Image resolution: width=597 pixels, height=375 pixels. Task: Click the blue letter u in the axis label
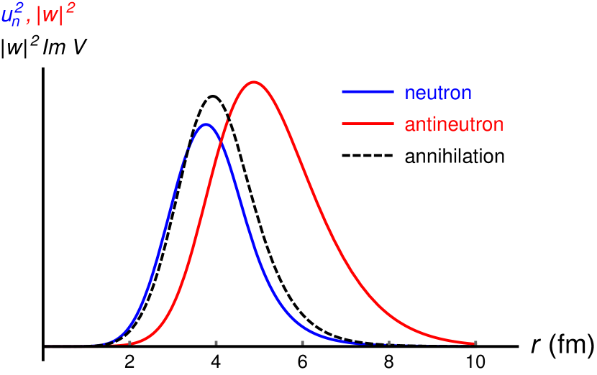[x=7, y=16]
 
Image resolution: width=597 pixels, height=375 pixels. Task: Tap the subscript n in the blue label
[x=17, y=22]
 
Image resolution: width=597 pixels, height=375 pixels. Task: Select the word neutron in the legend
[x=438, y=93]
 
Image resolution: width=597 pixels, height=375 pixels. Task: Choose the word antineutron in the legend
[x=454, y=124]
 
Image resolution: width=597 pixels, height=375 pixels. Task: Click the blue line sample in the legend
[x=368, y=92]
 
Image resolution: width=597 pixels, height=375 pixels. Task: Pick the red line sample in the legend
[x=368, y=124]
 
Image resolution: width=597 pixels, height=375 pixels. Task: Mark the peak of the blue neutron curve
[x=206, y=124]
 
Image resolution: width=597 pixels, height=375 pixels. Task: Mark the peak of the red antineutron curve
[x=253, y=82]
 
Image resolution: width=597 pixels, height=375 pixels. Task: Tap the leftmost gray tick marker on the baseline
[x=129, y=343]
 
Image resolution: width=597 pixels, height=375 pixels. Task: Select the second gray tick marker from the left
[x=216, y=343]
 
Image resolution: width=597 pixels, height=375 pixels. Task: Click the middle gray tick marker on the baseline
[x=302, y=343]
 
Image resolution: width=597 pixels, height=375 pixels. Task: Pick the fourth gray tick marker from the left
[x=388, y=343]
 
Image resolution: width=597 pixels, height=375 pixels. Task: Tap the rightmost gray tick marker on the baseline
[x=475, y=343]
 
